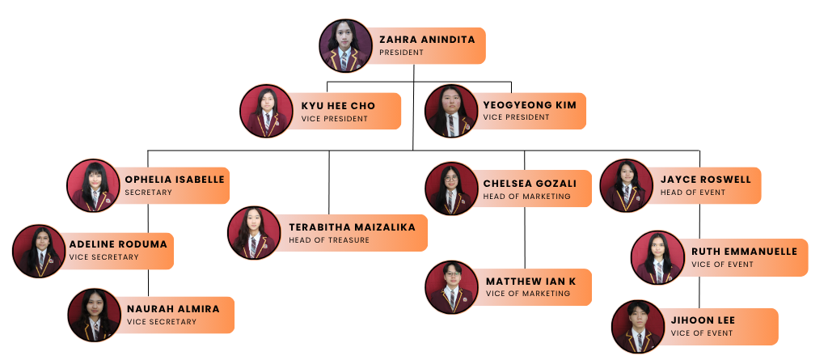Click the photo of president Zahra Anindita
click(x=345, y=45)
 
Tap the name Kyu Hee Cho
click(x=338, y=106)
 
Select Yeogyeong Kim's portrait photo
click(x=451, y=111)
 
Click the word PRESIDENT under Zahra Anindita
click(x=402, y=53)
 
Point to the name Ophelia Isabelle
click(x=175, y=180)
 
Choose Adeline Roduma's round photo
click(x=39, y=251)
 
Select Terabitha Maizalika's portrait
click(x=254, y=233)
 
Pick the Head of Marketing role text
click(x=526, y=197)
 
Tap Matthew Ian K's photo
click(x=451, y=287)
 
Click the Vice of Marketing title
click(x=528, y=294)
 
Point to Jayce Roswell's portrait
click(x=626, y=186)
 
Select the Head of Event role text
click(x=693, y=193)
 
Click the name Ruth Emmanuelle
click(x=744, y=252)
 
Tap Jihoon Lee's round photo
click(x=638, y=327)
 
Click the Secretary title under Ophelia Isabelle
click(x=149, y=193)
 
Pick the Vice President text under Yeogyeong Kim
click(x=516, y=118)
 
